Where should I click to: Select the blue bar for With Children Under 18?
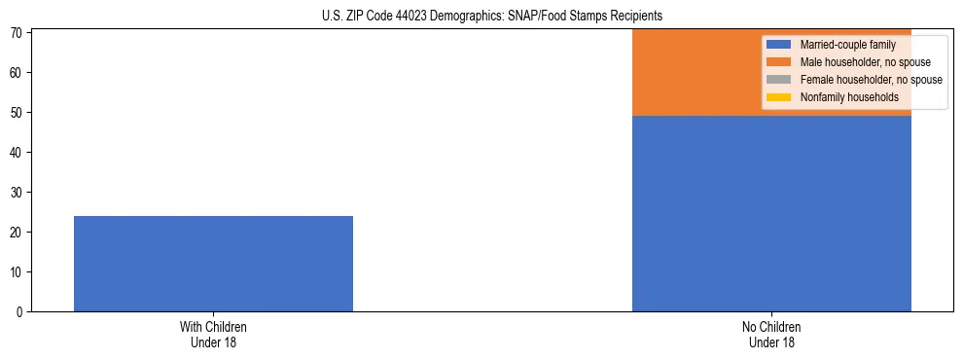pos(213,264)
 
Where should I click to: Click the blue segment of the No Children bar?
pos(771,213)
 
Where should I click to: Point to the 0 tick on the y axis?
pos(20,311)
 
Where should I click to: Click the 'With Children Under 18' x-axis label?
pos(213,335)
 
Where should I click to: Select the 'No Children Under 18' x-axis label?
pos(771,335)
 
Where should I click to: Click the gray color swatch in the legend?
pos(780,80)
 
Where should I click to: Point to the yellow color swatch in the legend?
pos(780,97)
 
